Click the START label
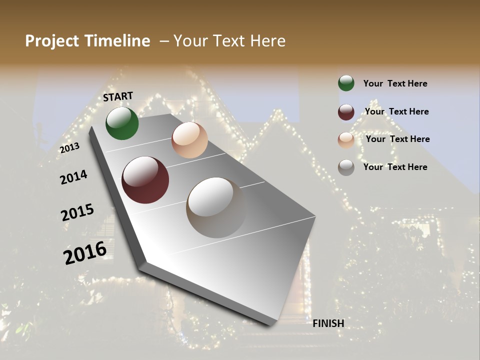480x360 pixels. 118,96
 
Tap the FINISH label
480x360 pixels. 328,323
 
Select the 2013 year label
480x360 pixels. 70,147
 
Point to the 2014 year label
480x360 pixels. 74,177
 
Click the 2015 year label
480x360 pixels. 77,212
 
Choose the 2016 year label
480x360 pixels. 85,252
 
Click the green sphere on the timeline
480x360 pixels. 122,123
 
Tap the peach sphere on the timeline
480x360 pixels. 189,140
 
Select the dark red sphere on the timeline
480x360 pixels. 145,180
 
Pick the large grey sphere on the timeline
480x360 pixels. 216,207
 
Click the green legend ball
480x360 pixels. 346,83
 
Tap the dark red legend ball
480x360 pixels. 346,112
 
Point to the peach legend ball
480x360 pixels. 346,139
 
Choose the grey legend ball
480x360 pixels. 346,167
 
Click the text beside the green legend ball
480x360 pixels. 395,84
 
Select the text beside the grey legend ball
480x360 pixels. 395,167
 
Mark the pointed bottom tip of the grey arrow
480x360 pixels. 272,324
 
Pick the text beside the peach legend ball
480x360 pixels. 397,139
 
